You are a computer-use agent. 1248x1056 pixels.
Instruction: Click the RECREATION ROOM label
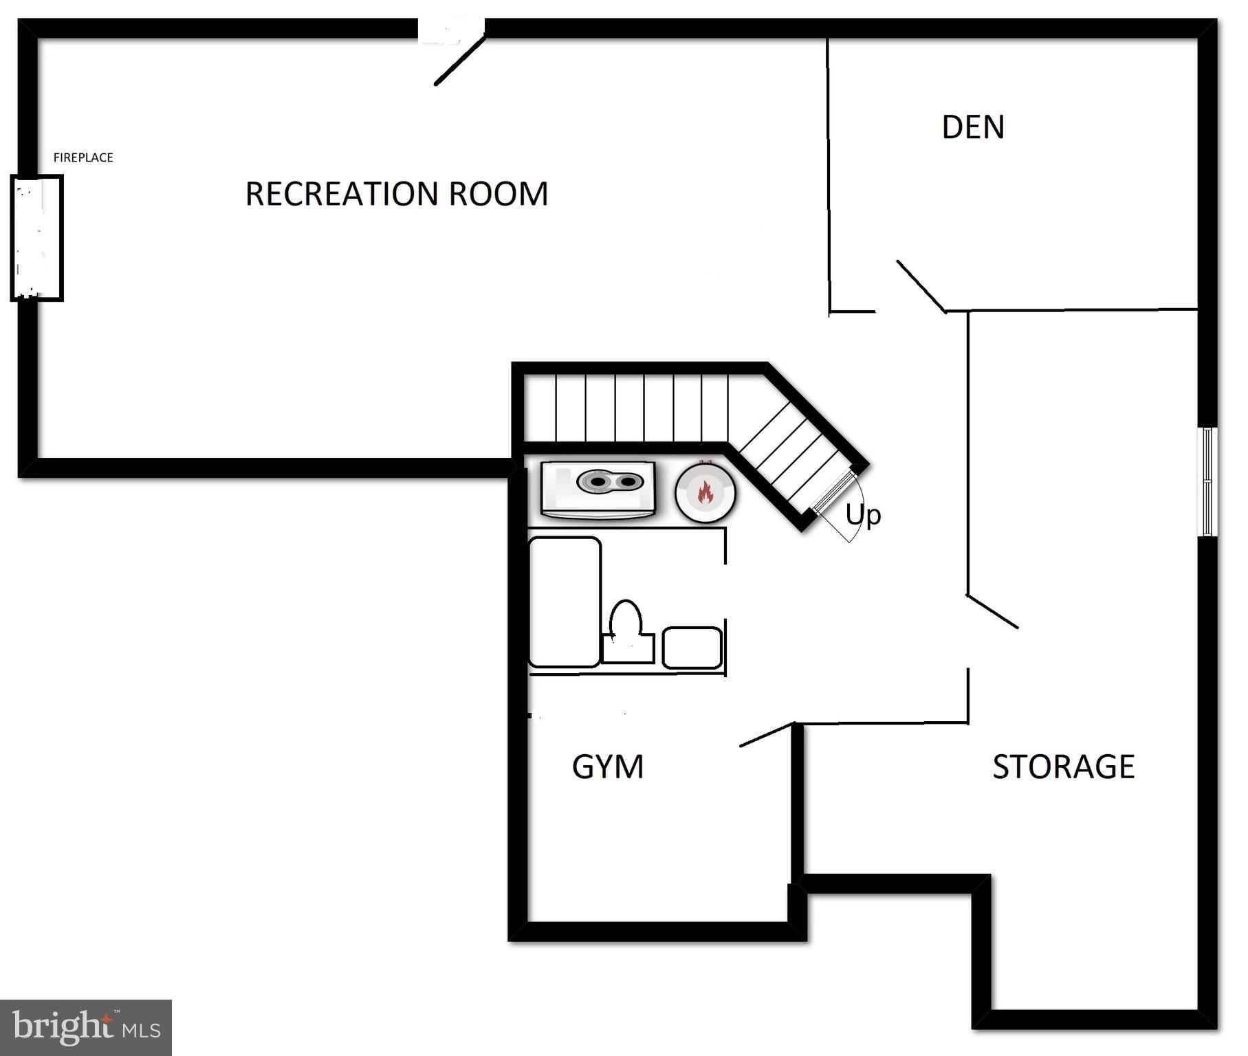tap(397, 194)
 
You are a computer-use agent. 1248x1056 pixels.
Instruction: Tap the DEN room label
tap(972, 127)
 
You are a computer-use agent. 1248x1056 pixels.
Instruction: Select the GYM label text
tap(608, 767)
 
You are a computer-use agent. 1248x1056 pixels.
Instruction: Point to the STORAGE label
tap(1063, 767)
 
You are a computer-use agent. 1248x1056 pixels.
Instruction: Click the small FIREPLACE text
tap(83, 157)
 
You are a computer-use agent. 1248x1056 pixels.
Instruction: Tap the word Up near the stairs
tap(863, 514)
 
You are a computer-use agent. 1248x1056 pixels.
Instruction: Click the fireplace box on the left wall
tap(37, 238)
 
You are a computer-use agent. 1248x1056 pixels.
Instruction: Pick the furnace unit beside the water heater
tap(598, 489)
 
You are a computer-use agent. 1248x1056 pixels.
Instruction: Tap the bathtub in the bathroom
tap(564, 602)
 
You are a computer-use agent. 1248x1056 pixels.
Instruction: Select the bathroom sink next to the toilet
tap(692, 647)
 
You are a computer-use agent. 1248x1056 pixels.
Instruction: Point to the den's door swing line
tap(921, 286)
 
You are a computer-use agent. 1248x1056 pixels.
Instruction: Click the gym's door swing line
tap(767, 734)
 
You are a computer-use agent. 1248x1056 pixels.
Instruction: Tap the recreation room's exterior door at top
tap(459, 60)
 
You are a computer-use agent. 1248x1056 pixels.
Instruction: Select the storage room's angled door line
tap(992, 611)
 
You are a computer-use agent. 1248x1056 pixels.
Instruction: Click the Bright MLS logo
tap(86, 1027)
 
